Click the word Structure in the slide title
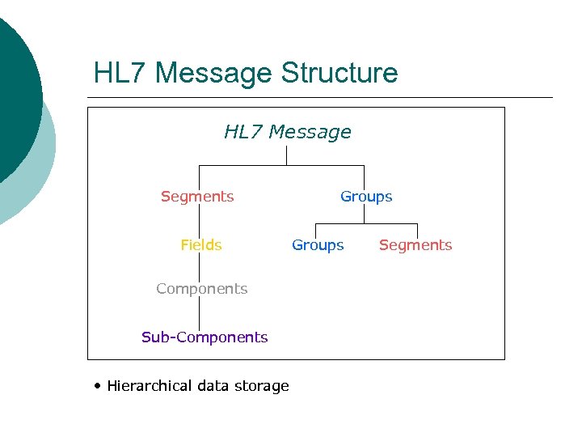pos(339,73)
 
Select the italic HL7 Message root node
pos(288,132)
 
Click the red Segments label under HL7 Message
pos(197,197)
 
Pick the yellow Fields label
pos(201,245)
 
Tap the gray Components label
pos(201,289)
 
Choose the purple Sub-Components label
pos(205,337)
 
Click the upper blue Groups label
pos(366,197)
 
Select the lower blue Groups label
pos(318,245)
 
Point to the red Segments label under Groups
pos(415,245)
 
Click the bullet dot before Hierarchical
pos(97,386)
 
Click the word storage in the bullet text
pos(261,386)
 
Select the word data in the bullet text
pos(213,386)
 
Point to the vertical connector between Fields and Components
pos(199,267)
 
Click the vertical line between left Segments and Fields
pos(199,221)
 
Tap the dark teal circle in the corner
pos(12,97)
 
